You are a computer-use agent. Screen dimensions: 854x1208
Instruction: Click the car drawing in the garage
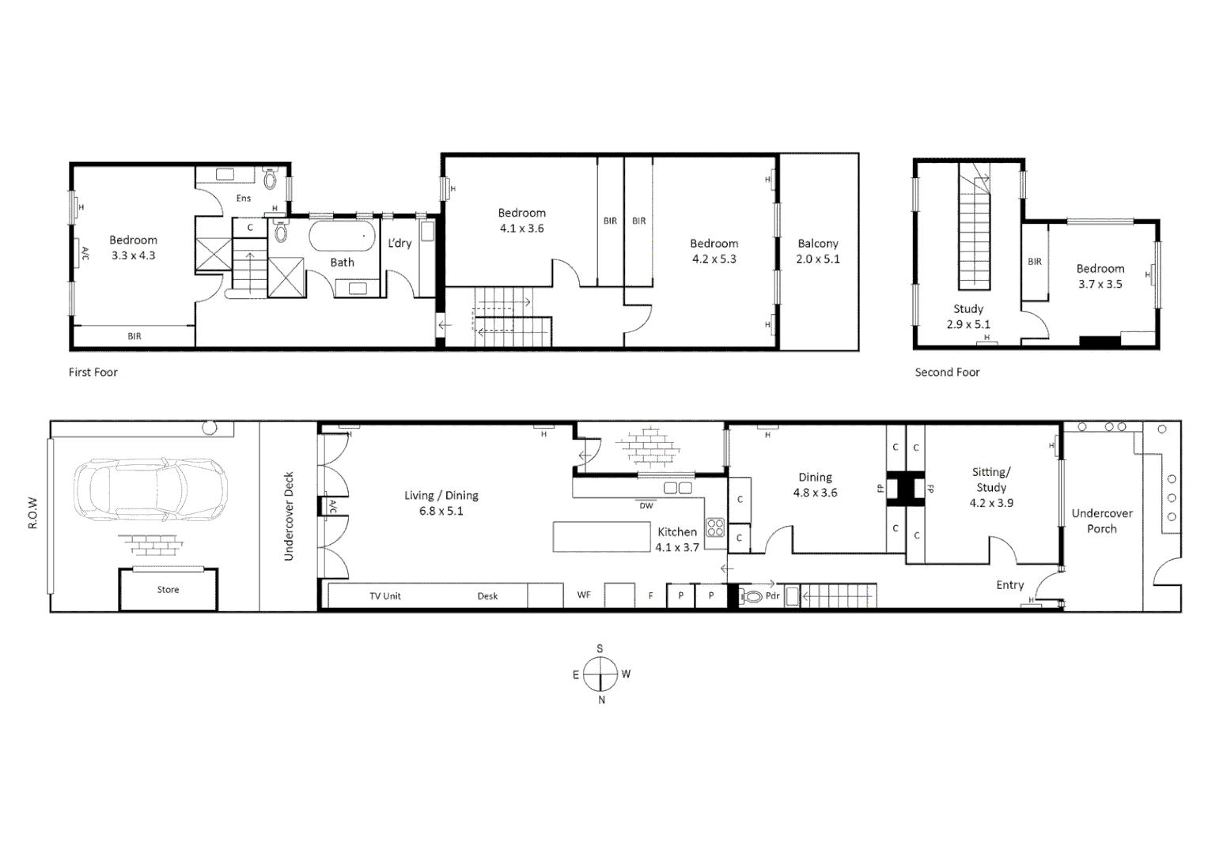click(150, 489)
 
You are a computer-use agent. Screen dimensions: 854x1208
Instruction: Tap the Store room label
click(168, 590)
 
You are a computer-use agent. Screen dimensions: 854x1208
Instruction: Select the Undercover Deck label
click(289, 517)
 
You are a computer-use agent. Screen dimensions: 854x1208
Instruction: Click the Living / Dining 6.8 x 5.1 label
click(441, 503)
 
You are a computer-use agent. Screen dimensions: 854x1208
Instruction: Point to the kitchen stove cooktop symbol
click(715, 527)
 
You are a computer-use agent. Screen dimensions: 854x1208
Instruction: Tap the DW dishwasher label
click(646, 505)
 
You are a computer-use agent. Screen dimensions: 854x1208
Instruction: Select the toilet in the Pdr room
click(752, 597)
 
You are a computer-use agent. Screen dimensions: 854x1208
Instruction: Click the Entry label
click(1009, 585)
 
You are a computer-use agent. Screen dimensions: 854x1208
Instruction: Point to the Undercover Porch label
click(1102, 521)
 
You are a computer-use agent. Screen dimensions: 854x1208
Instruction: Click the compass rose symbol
click(600, 675)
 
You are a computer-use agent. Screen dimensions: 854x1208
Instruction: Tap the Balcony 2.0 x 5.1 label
click(818, 251)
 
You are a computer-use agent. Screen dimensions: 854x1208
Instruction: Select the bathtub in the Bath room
click(342, 235)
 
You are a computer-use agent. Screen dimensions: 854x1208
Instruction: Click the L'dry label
click(400, 244)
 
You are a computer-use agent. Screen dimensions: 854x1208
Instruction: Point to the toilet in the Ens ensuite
click(271, 179)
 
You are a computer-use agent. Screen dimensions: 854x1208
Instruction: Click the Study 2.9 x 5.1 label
click(968, 316)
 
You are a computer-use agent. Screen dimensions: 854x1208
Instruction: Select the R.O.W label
click(33, 513)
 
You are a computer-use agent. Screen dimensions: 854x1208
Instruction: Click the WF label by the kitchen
click(584, 595)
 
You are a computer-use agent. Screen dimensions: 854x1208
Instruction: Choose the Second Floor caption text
click(947, 372)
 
